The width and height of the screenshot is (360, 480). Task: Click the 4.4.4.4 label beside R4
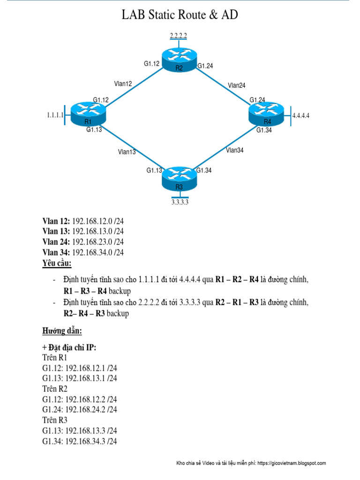click(301, 115)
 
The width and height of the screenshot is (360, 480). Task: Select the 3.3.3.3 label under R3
click(181, 202)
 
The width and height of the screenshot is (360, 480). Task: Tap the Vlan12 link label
click(123, 83)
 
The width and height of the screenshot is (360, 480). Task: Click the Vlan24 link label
click(237, 85)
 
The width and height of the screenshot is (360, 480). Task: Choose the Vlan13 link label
click(127, 151)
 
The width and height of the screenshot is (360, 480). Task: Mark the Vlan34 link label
click(234, 150)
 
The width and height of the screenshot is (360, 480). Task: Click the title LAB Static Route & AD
click(180, 15)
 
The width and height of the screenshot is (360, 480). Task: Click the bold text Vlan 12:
click(56, 220)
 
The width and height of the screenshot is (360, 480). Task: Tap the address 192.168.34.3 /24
click(91, 441)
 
